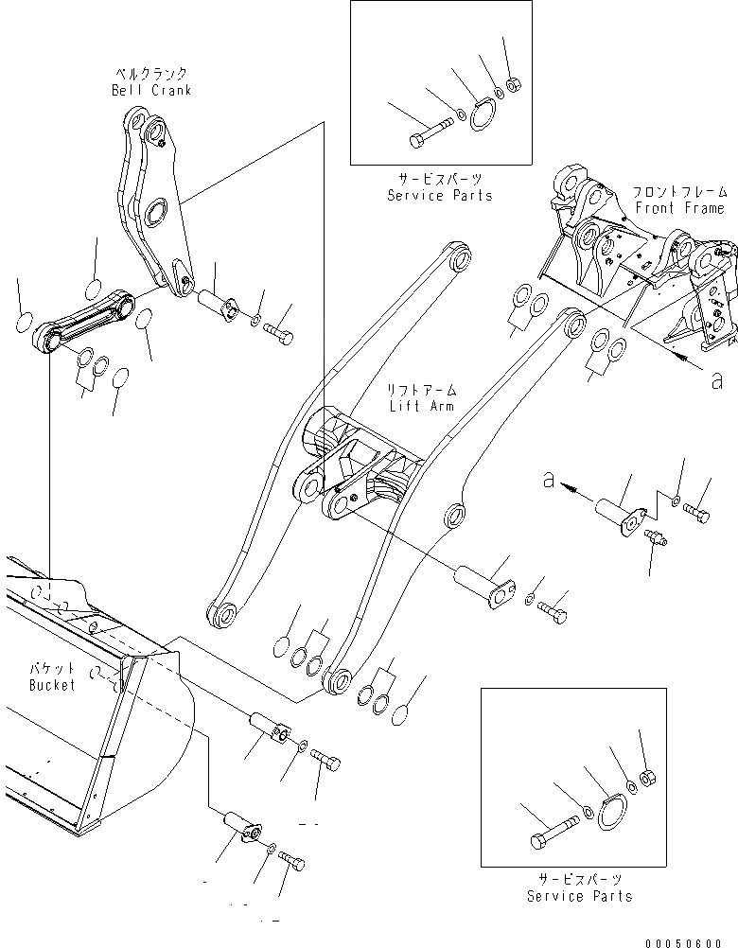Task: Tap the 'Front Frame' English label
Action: click(x=679, y=207)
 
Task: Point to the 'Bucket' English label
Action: click(x=51, y=684)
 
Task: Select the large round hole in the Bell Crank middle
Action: click(x=156, y=212)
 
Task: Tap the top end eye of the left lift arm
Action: click(x=459, y=256)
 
